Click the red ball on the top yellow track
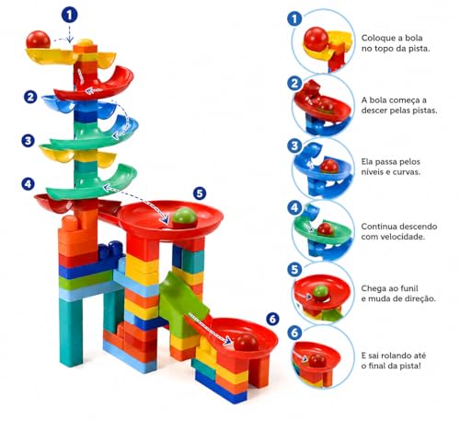(38, 40)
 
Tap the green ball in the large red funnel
(184, 218)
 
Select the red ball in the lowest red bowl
(246, 343)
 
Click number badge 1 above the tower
(70, 15)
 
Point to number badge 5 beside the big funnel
(200, 193)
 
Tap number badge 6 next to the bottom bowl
(272, 319)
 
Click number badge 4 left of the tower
(28, 184)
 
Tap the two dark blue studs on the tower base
(110, 248)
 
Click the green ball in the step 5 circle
(320, 292)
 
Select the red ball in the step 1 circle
(316, 39)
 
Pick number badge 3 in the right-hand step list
(294, 146)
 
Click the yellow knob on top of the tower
(85, 41)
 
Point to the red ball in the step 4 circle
(326, 229)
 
